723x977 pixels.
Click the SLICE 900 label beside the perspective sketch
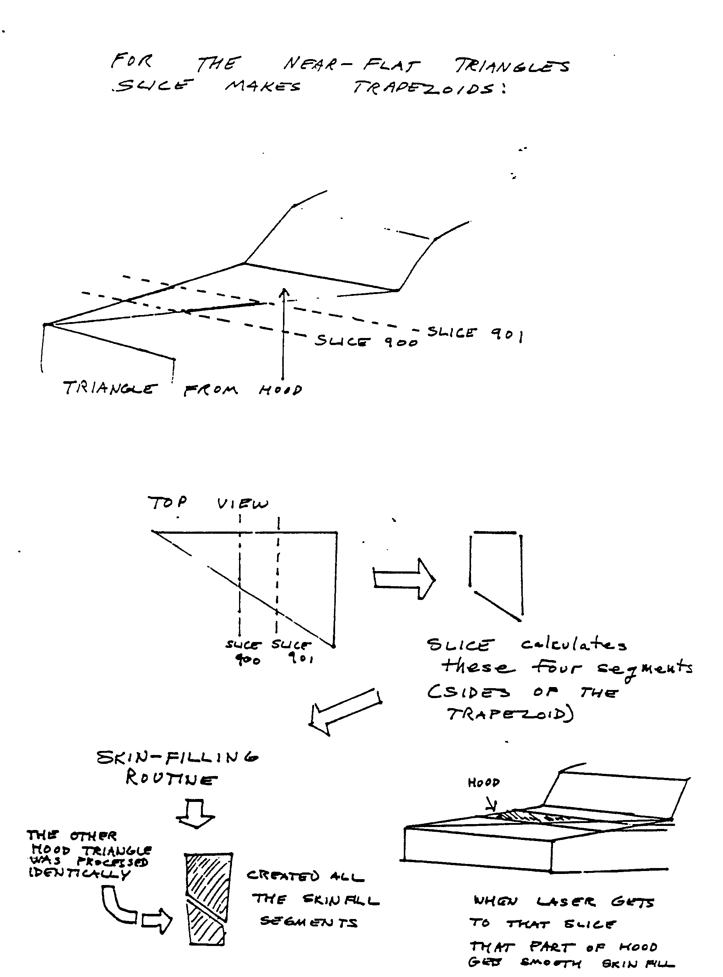click(x=366, y=341)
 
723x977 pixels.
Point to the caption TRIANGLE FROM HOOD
click(x=182, y=389)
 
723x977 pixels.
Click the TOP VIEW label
click(x=208, y=503)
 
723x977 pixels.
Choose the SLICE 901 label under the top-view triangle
click(x=292, y=651)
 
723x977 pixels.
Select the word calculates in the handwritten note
click(x=573, y=645)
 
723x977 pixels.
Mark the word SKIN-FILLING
click(x=177, y=757)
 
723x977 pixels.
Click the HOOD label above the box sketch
click(x=483, y=782)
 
